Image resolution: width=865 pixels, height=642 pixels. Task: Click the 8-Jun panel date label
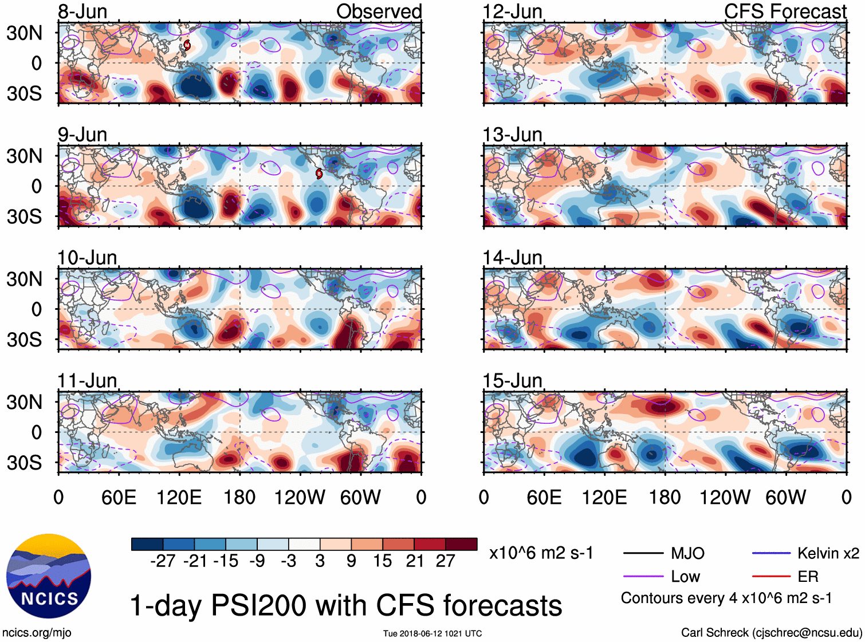coord(82,11)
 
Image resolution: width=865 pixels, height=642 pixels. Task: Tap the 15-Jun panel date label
coord(512,381)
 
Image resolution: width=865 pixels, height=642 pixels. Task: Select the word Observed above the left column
coord(379,11)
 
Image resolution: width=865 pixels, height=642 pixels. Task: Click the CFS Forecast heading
coord(785,11)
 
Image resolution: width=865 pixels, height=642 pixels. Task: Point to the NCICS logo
coord(49,576)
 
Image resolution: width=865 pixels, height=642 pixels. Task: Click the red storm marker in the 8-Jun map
coord(187,45)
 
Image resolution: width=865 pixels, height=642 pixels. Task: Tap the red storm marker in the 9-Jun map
coord(319,174)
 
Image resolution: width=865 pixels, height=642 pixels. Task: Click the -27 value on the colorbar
coord(163,561)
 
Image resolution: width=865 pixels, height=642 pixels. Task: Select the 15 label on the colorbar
coord(383,561)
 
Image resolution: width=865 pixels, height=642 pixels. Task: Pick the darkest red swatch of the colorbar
coord(461,544)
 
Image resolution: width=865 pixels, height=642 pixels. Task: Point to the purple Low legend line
coord(643,577)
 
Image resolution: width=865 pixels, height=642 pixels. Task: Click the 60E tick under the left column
coord(119,497)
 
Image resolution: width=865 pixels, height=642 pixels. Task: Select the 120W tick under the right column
coord(725,497)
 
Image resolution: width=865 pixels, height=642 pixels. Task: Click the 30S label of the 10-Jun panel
coord(24,340)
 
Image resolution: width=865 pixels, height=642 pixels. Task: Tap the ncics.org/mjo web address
coord(37,632)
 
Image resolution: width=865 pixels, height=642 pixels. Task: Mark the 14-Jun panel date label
coord(512,258)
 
